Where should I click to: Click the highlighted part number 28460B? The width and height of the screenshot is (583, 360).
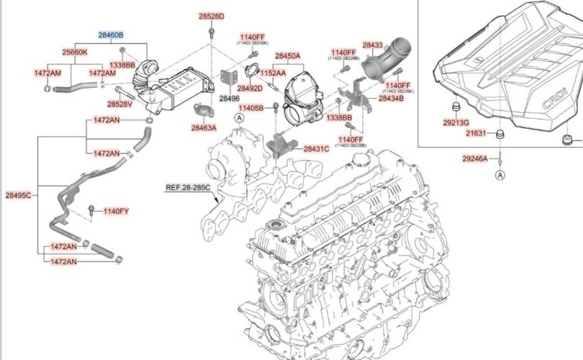(111, 35)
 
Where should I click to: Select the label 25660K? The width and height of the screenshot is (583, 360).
(75, 52)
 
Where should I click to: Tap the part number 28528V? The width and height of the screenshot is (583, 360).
(119, 104)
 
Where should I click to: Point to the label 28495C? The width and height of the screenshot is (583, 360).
(18, 195)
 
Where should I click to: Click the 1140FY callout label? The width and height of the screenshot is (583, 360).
(116, 211)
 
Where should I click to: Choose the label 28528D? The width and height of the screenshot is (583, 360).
(212, 16)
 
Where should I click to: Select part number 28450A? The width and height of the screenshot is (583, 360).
(288, 56)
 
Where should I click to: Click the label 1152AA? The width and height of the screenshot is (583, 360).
(273, 73)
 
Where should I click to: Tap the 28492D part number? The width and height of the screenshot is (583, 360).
(250, 89)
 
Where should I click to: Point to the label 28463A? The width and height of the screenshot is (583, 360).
(204, 127)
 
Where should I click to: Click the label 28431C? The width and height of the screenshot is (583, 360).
(316, 149)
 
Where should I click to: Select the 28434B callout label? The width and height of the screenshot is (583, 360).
(392, 98)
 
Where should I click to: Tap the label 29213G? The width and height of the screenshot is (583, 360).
(456, 122)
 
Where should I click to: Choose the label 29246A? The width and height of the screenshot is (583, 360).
(475, 158)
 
